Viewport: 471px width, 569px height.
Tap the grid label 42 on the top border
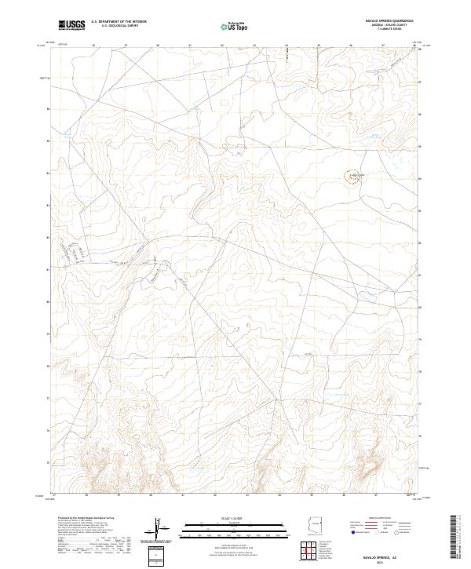coord(223,46)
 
